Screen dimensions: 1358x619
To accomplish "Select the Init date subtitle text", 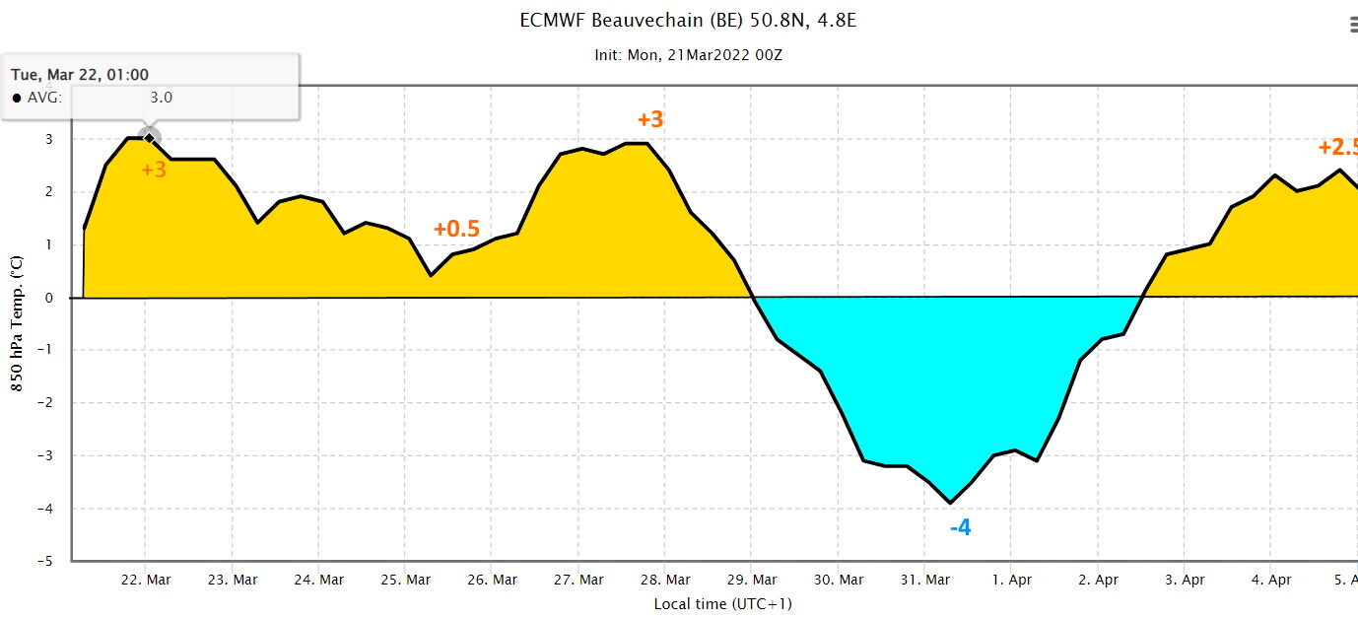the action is point(688,55).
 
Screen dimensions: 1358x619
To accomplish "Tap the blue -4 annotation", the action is point(960,527).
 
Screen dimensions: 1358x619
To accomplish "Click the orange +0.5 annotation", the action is point(456,229).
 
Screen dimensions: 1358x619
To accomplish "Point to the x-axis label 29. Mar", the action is point(752,580).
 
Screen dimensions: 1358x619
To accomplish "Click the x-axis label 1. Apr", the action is point(1012,580).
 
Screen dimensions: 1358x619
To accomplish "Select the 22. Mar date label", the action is point(146,580).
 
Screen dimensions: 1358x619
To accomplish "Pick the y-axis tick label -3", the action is point(45,455).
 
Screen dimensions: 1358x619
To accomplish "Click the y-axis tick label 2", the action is point(49,191).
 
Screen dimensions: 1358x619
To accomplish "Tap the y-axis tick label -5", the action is point(45,561).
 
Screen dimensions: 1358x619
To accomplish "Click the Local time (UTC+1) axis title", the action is point(722,604).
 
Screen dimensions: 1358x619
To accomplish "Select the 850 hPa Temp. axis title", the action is point(17,323).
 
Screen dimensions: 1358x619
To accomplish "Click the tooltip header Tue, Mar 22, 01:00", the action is point(80,75).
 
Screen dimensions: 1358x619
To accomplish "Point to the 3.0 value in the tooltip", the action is point(162,97).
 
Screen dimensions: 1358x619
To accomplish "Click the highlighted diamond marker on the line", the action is point(149,138).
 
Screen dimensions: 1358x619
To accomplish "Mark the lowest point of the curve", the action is point(950,503).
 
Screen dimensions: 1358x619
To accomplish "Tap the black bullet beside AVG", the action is point(17,98).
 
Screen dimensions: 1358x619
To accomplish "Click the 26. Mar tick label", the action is point(492,580).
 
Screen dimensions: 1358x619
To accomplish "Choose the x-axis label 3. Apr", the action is point(1185,580).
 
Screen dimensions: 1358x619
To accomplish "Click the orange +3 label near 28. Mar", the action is point(650,119).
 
